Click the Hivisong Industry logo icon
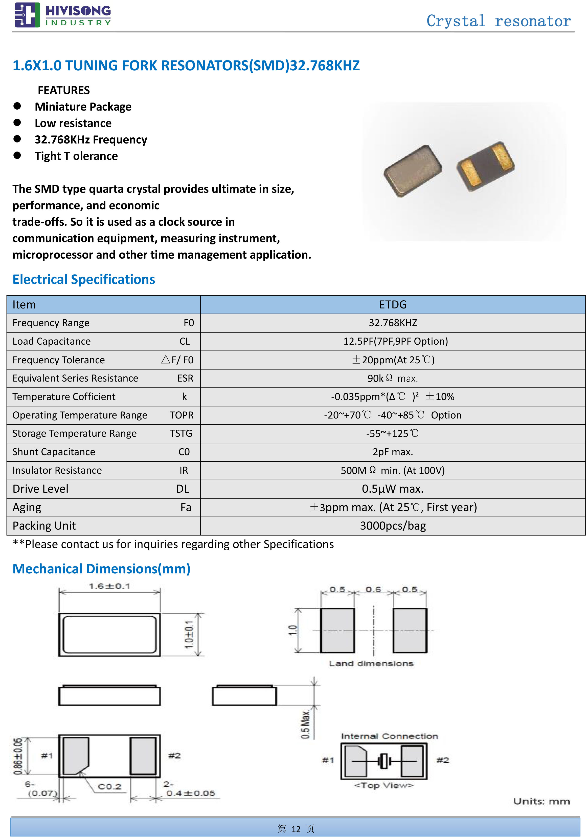27,15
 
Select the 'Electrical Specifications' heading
84,279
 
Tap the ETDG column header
393,305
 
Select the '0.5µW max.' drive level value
393,489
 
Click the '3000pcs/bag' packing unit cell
393,526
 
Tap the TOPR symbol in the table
181,415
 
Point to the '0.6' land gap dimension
373,590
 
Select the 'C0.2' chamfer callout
109,786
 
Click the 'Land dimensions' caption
371,663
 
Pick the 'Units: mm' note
541,801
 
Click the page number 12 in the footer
296,829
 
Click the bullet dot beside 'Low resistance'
17,122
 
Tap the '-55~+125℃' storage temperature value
393,433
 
